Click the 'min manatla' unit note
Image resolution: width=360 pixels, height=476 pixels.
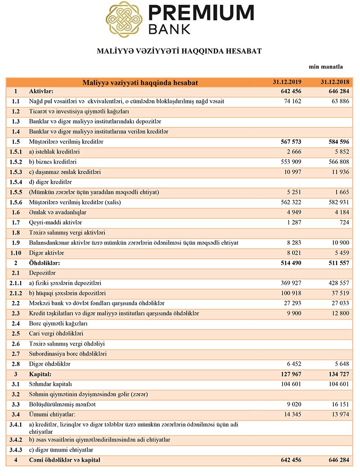tap(326, 67)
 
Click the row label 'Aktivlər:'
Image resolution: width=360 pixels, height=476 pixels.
tap(41, 92)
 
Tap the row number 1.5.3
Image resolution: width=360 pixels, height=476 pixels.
tap(15, 172)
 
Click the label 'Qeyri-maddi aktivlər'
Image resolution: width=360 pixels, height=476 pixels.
tap(55, 223)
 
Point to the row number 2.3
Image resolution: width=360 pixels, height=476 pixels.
tap(15, 313)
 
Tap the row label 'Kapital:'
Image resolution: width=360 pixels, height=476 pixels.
tap(40, 374)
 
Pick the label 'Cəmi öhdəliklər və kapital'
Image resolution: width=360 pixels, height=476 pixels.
tap(64, 460)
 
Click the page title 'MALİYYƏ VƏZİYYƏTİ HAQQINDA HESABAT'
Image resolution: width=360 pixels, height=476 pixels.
tap(179, 51)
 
